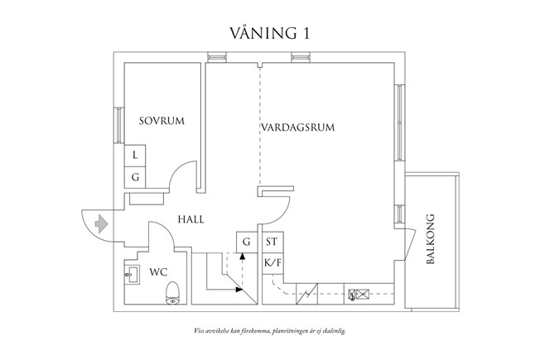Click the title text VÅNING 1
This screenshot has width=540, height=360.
pos(270,32)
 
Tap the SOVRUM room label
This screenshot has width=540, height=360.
pos(162,121)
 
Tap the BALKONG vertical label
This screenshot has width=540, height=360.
pos(431,241)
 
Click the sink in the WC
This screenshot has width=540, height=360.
pos(132,272)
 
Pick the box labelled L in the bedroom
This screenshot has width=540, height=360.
pos(135,156)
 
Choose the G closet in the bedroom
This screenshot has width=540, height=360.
pos(135,177)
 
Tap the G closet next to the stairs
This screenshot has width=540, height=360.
pos(246,242)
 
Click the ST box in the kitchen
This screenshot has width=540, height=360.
pos(272,242)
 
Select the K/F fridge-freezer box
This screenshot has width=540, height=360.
pos(272,264)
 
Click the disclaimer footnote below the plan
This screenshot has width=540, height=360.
pos(269,330)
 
